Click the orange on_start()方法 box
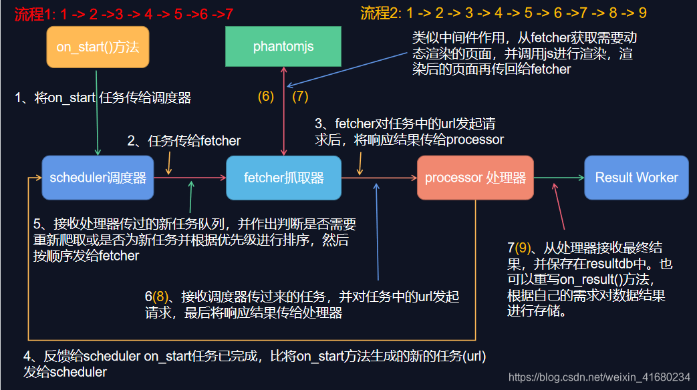[98, 47]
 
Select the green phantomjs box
[283, 47]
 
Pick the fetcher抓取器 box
[283, 178]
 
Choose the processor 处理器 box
[475, 178]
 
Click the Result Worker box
[636, 178]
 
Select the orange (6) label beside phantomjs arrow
[266, 96]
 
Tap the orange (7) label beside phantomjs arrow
[300, 96]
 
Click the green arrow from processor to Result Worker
[559, 178]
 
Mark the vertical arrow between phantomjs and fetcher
[284, 111]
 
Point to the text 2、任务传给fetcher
[184, 141]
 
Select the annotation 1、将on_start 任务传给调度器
[103, 98]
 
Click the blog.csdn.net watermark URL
[599, 377]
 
